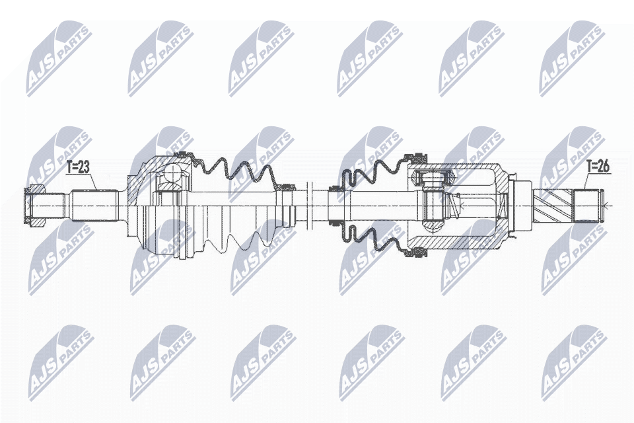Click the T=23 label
pyautogui.click(x=78, y=168)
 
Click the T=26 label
pyautogui.click(x=599, y=167)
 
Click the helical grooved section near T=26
pyautogui.click(x=553, y=205)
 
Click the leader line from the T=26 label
pyautogui.click(x=586, y=182)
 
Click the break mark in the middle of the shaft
pyautogui.click(x=310, y=205)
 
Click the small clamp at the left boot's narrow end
pyautogui.click(x=288, y=188)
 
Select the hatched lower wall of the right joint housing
pyautogui.click(x=462, y=245)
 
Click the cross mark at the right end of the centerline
pyautogui.click(x=612, y=206)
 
